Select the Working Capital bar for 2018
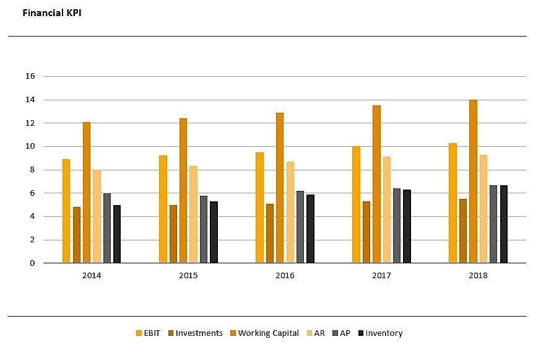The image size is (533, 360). [x=473, y=182]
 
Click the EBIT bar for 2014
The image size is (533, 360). [x=66, y=211]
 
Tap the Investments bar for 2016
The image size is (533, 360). [x=269, y=234]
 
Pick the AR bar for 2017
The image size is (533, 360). [x=386, y=210]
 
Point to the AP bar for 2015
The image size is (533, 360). [x=204, y=229]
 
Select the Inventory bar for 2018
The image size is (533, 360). [x=504, y=224]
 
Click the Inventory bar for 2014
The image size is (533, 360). [x=117, y=234]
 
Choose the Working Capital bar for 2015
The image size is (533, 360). [x=183, y=191]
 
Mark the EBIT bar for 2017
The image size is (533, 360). [x=356, y=205]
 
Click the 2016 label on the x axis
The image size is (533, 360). [x=285, y=275]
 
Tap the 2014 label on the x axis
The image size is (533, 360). [x=92, y=275]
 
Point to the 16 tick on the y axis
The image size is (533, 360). [x=30, y=76]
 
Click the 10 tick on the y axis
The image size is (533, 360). [x=30, y=146]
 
